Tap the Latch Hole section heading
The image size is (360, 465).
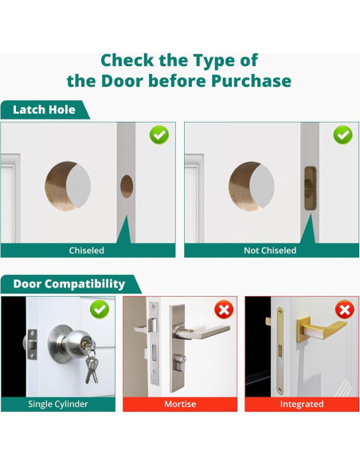[x=44, y=110]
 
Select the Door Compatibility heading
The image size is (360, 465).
[x=69, y=283]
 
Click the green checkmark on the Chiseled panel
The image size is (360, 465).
[x=159, y=135]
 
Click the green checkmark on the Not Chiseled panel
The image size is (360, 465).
[x=342, y=135]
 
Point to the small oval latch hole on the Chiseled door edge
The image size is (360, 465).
[x=127, y=186]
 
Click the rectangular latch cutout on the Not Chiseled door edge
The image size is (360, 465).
[x=310, y=189]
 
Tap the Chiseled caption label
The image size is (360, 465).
[x=87, y=251]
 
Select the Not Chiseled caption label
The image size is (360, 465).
[x=270, y=251]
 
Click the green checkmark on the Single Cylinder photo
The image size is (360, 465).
[x=100, y=309]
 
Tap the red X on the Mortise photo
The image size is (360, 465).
[x=224, y=310]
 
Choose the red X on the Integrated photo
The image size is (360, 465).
[x=345, y=310]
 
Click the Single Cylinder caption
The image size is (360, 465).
[x=58, y=404]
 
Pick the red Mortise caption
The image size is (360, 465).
[x=180, y=404]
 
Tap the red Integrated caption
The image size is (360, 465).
[x=302, y=404]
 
